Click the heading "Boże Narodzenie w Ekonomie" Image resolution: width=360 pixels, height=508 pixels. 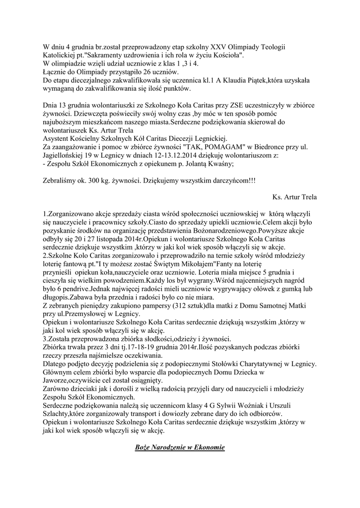coord(180,448)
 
